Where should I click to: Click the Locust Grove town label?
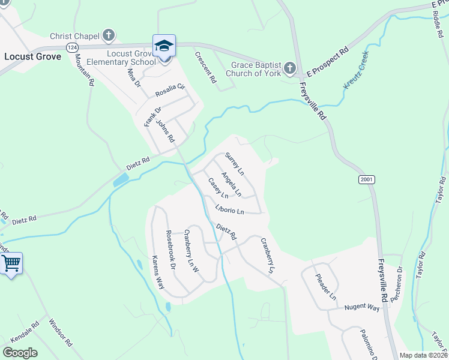32,56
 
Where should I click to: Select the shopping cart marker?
11,263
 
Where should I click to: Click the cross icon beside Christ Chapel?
109,35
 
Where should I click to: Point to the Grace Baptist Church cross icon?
290,68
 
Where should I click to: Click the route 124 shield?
72,47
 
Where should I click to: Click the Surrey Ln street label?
234,163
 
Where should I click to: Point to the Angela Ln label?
231,184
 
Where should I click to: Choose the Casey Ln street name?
218,188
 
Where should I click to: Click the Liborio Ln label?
229,211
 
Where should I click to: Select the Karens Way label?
158,272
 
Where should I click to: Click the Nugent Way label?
362,307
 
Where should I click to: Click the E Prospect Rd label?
328,63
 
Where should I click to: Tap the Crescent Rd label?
205,67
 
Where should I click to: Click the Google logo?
20,352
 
